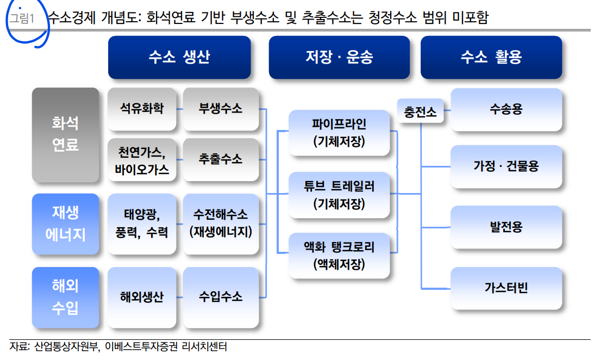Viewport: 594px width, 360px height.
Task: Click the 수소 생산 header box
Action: pyautogui.click(x=179, y=57)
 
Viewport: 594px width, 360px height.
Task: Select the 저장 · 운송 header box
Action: pyautogui.click(x=339, y=57)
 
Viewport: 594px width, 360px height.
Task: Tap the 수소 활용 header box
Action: pyautogui.click(x=491, y=57)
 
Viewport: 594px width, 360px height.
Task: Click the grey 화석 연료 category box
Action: pyautogui.click(x=66, y=134)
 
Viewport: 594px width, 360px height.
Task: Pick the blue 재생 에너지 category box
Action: pyautogui.click(x=66, y=223)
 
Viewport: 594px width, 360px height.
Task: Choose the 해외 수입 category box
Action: pyautogui.click(x=66, y=297)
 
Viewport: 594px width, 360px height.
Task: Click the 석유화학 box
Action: pyautogui.click(x=142, y=108)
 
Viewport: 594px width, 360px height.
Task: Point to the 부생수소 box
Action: pyautogui.click(x=221, y=108)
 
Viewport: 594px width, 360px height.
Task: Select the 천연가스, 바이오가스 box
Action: pyautogui.click(x=142, y=160)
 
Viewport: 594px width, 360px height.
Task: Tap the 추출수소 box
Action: pyautogui.click(x=221, y=160)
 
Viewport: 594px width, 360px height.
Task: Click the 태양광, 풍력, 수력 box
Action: pyautogui.click(x=142, y=223)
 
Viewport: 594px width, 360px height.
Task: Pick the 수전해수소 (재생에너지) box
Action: pyautogui.click(x=221, y=223)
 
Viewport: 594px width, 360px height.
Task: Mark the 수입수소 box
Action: pyautogui.click(x=221, y=297)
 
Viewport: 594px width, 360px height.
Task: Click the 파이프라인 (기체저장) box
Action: pyautogui.click(x=339, y=132)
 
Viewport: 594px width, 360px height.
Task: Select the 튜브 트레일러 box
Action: pyautogui.click(x=339, y=195)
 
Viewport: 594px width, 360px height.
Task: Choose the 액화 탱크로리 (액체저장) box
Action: pyautogui.click(x=339, y=256)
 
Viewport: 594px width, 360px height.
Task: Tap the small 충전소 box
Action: pyautogui.click(x=420, y=112)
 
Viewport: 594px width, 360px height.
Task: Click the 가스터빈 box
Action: pyautogui.click(x=506, y=288)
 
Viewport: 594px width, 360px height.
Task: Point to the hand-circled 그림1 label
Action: pyautogui.click(x=23, y=19)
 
